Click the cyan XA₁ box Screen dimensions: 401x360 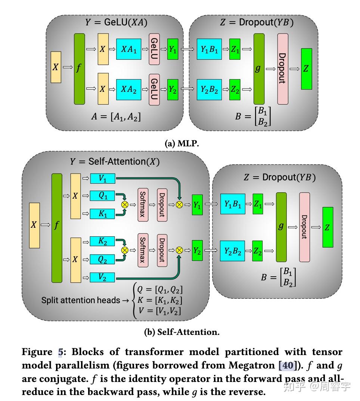[128, 49]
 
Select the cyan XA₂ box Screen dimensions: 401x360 [128, 90]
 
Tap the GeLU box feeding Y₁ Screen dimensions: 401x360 [154, 49]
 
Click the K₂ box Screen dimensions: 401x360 [103, 241]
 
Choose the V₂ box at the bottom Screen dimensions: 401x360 [103, 277]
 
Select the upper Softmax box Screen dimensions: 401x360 [143, 205]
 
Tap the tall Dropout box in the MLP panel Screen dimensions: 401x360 [283, 69]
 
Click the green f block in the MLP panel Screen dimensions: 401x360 [79, 69]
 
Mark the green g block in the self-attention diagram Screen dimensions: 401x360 [281, 227]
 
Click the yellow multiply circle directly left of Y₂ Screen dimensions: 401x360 [180, 250]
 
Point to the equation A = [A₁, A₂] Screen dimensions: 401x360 [116, 116]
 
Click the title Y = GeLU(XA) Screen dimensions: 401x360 [116, 22]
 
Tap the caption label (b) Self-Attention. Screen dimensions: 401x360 [181, 332]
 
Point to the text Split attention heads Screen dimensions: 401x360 [80, 300]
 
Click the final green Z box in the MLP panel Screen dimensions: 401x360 [306, 69]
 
